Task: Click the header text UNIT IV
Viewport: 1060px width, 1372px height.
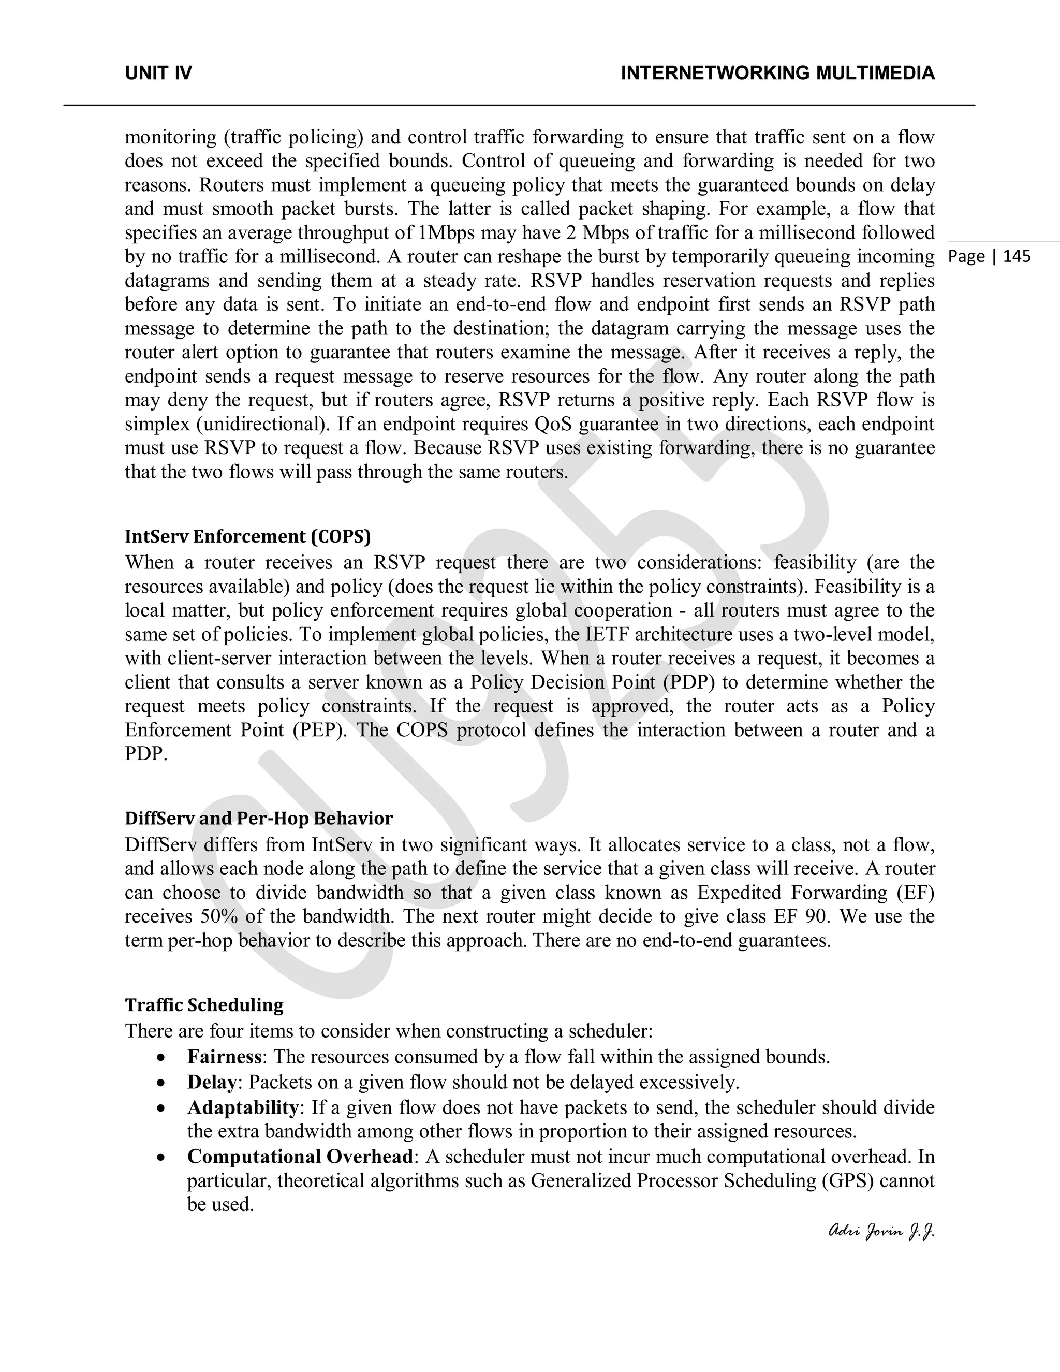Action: (x=158, y=74)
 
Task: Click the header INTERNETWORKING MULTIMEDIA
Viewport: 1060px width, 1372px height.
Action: (x=777, y=74)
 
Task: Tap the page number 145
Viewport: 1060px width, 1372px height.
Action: (x=1017, y=256)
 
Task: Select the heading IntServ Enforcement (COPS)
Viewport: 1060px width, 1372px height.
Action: (x=247, y=536)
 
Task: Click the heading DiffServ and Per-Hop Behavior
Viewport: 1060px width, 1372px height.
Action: (x=259, y=819)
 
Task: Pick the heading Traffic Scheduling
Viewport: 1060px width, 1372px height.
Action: (x=204, y=1005)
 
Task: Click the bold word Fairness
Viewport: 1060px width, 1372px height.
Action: (x=224, y=1057)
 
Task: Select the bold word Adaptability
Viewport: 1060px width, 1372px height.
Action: (x=242, y=1107)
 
